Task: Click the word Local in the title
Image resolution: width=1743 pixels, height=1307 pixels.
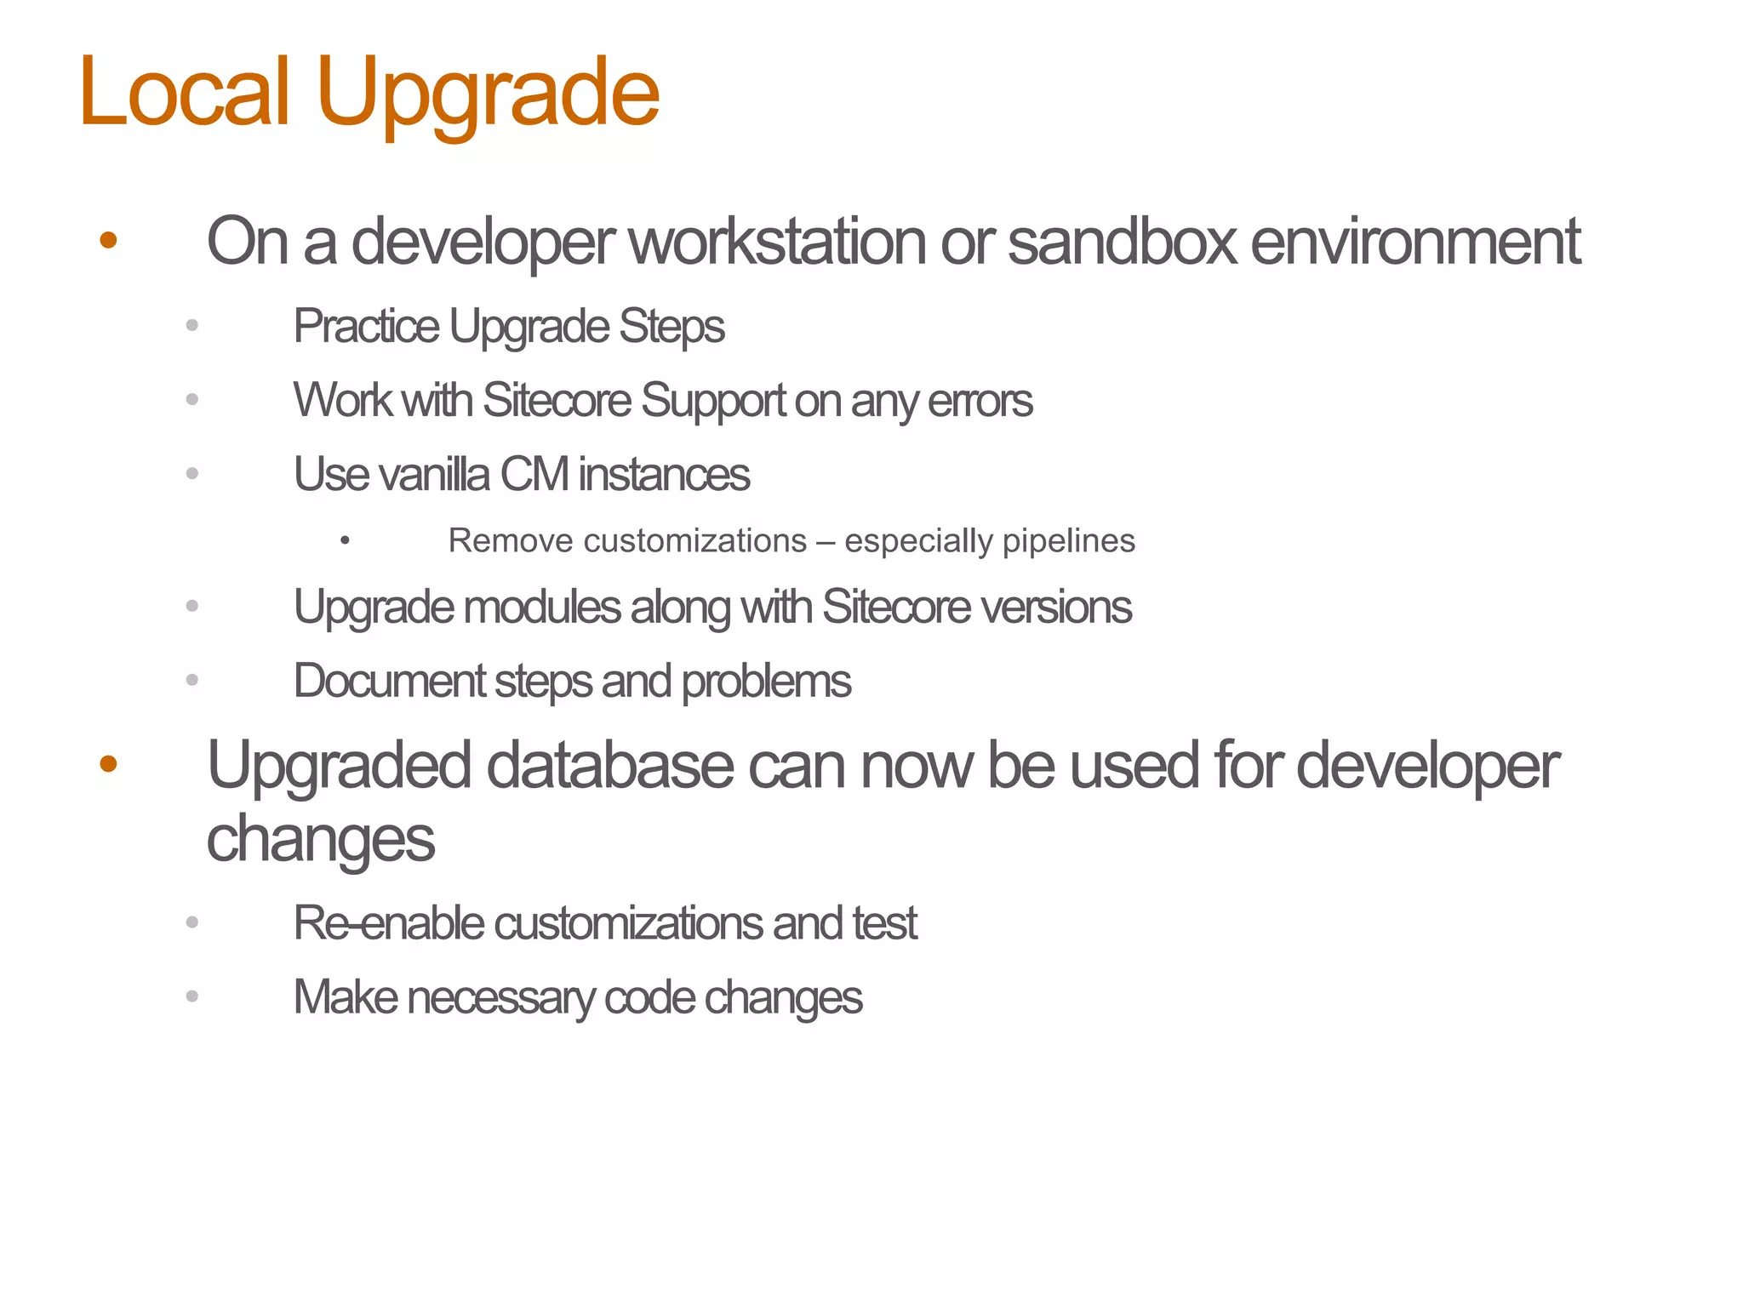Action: pos(185,92)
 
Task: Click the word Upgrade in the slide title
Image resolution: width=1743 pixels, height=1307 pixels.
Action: pos(488,94)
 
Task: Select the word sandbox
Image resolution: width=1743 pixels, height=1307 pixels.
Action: pos(1121,242)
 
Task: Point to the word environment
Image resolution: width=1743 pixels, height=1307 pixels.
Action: pos(1415,242)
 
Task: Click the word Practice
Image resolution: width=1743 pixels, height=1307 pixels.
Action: pos(366,327)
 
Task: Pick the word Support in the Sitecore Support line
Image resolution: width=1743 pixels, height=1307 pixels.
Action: pos(713,401)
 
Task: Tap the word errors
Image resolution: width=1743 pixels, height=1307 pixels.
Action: pos(980,401)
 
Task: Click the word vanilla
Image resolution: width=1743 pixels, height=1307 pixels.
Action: pos(434,475)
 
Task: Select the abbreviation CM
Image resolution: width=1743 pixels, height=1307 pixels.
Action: pos(534,475)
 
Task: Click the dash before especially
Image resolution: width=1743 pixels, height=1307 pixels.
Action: pos(825,541)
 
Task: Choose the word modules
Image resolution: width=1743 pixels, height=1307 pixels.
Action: pos(542,608)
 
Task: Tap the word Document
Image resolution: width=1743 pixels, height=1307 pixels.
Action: pos(389,682)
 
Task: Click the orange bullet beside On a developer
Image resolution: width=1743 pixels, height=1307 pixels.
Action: pos(108,241)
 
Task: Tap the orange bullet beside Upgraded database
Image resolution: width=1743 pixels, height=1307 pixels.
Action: pos(108,764)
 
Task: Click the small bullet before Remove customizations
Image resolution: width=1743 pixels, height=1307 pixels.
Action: pos(345,540)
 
